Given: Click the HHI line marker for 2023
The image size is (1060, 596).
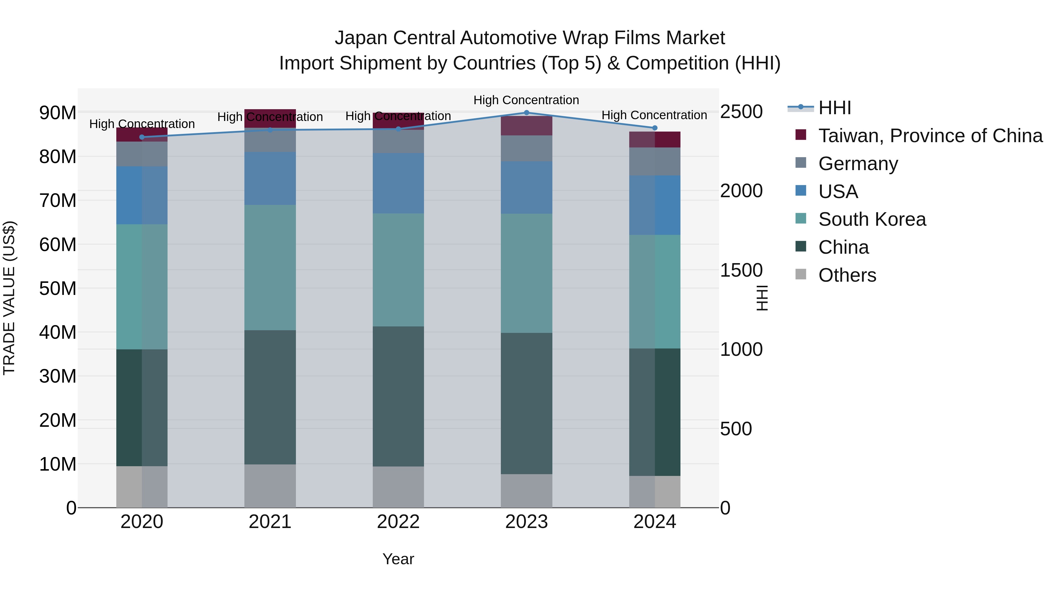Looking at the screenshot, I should click(x=526, y=113).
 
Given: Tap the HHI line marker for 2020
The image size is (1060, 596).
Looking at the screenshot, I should click(x=142, y=137).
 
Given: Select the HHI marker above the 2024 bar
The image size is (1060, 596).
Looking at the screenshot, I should click(x=655, y=128).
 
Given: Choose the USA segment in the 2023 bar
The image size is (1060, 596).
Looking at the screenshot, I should click(x=526, y=187).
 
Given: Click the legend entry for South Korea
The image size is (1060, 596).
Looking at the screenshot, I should click(x=872, y=219).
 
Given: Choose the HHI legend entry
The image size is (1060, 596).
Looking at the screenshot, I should click(x=834, y=108).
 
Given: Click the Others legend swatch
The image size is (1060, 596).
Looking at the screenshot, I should click(x=801, y=274).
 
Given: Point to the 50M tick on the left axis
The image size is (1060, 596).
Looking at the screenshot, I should click(x=58, y=289).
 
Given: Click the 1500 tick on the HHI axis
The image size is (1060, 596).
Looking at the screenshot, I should click(x=741, y=270).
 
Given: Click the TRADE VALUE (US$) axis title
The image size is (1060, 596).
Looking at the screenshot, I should click(x=9, y=298).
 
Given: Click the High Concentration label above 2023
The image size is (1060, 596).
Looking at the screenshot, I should click(x=526, y=100).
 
